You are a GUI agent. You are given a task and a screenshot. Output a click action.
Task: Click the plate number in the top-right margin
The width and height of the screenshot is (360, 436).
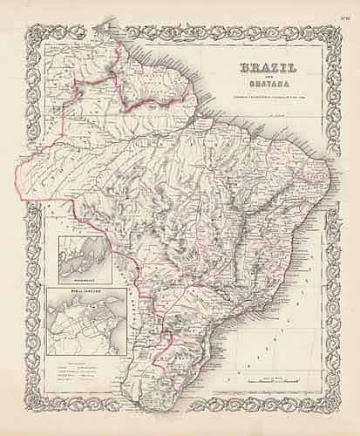tap(343, 9)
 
